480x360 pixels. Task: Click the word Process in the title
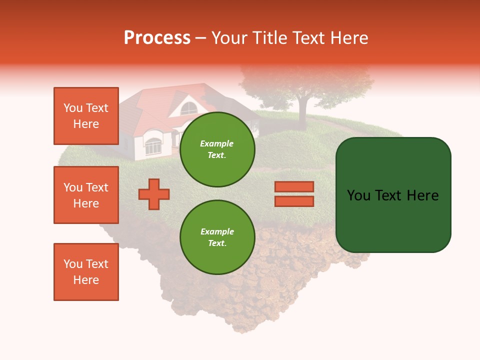[x=157, y=38]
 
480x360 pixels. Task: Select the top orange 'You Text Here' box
[x=86, y=116]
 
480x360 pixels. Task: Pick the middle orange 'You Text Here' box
[x=86, y=195]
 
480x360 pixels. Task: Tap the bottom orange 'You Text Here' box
[x=86, y=272]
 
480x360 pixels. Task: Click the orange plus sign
[x=154, y=193]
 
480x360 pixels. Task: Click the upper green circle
[x=217, y=149]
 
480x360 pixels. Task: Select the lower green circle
[x=217, y=237]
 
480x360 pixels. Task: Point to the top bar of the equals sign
[x=294, y=187]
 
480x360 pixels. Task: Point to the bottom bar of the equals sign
[x=294, y=201]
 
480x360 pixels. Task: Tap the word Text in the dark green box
[x=393, y=195]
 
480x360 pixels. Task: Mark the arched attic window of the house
[x=188, y=107]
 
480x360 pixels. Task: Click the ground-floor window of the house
[x=153, y=145]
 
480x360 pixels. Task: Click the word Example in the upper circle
[x=217, y=143]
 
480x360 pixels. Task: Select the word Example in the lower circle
[x=217, y=231]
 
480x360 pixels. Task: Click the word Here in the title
[x=349, y=38]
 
